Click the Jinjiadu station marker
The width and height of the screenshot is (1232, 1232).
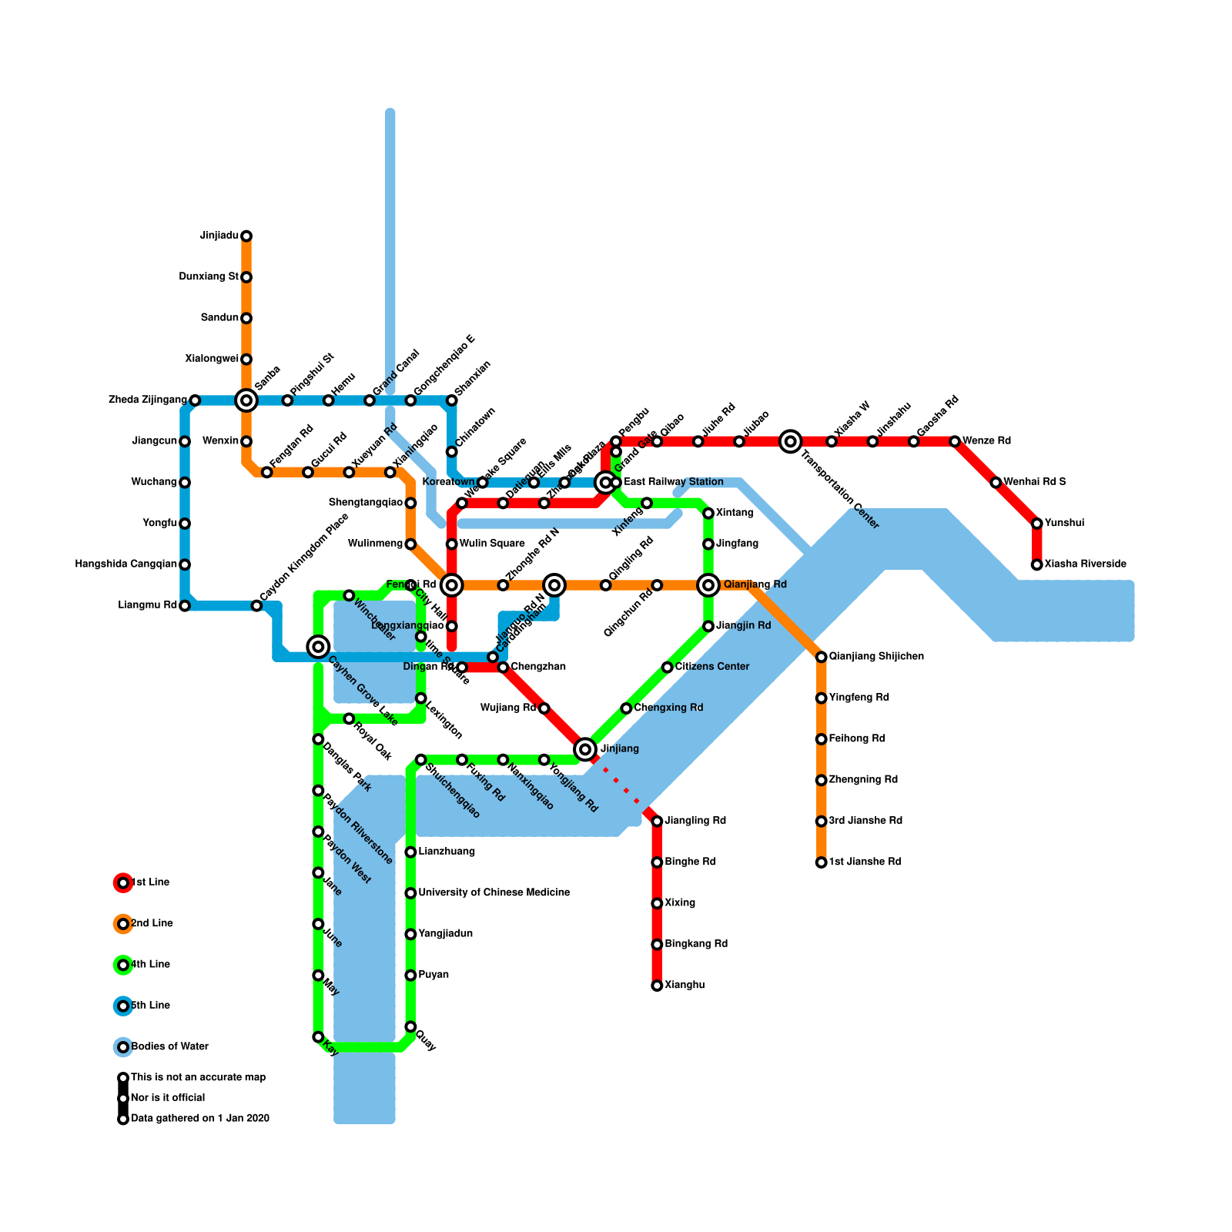[x=246, y=236]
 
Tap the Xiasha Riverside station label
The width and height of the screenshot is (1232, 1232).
[x=1086, y=564]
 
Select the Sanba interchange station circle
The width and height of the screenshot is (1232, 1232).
[x=246, y=400]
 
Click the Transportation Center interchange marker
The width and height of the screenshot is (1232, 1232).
[x=790, y=441]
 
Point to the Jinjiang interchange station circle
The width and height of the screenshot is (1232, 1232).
[x=585, y=748]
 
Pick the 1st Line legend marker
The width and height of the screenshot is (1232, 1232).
[x=123, y=883]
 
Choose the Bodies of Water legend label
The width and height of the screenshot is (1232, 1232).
[x=169, y=1046]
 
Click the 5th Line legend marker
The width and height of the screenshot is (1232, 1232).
[x=123, y=1006]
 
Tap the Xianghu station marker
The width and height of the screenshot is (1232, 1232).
[x=657, y=986]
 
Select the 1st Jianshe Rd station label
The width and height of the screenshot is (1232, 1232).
[x=865, y=862]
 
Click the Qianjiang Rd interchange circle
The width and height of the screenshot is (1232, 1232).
[x=708, y=585]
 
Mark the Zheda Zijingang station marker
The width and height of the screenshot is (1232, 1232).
[x=195, y=400]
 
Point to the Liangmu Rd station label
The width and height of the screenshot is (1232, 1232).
[x=148, y=605]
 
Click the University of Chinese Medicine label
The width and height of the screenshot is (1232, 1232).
[x=494, y=892]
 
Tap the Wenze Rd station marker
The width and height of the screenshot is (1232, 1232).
[x=955, y=441]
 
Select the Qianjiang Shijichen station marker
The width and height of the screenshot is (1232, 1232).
[x=822, y=657]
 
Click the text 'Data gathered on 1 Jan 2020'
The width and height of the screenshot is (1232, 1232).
[x=200, y=1118]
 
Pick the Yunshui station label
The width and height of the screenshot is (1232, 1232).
[x=1064, y=523]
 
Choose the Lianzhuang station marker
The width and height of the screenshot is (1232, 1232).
[x=410, y=852]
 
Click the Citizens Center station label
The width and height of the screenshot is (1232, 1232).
[x=712, y=666]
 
